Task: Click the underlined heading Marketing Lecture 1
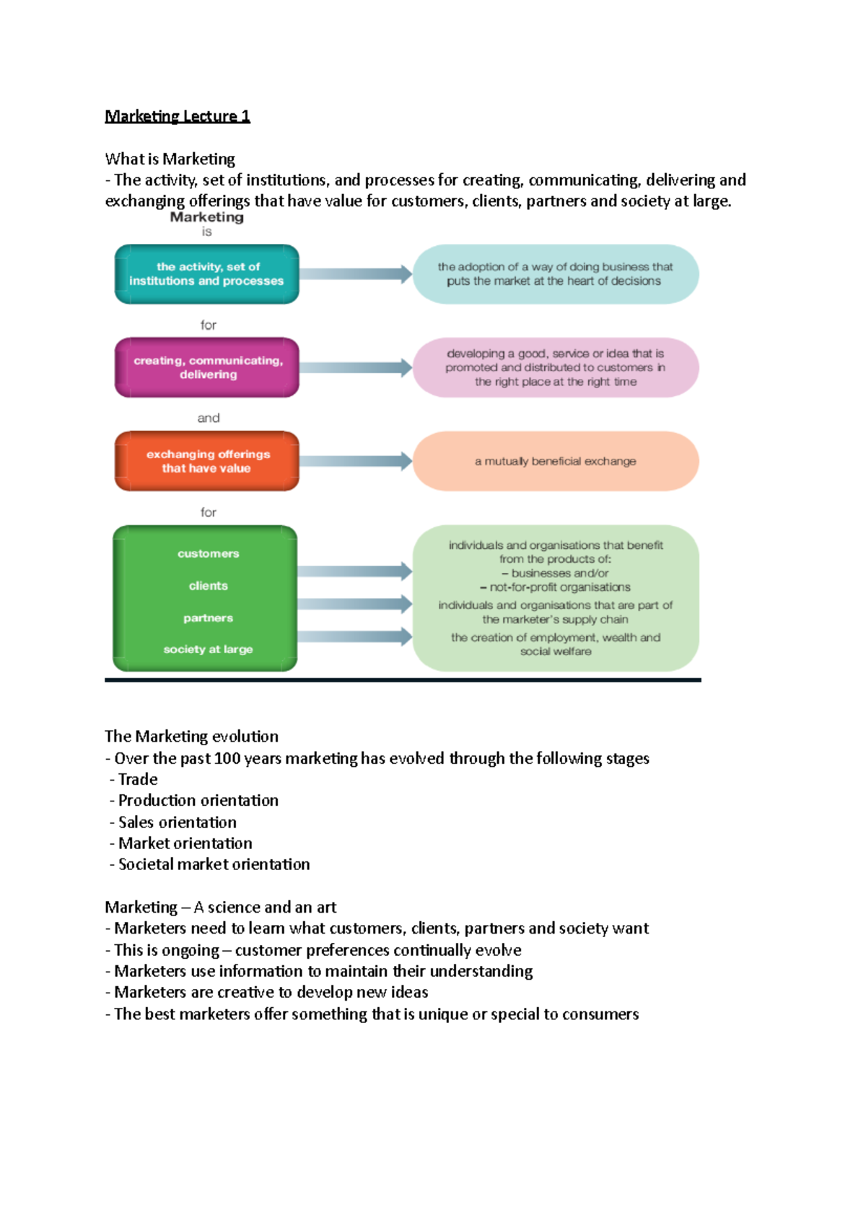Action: (178, 116)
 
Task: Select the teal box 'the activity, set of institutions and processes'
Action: (206, 274)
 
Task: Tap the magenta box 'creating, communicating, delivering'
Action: (207, 367)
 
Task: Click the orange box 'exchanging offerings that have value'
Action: (207, 461)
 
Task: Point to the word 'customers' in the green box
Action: (208, 553)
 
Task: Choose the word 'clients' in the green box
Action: (208, 586)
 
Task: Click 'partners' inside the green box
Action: (208, 618)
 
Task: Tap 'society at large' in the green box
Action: (208, 649)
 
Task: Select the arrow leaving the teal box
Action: (355, 274)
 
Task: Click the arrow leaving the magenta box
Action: (355, 367)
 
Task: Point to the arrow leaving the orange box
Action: (355, 461)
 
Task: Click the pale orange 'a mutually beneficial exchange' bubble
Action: (556, 461)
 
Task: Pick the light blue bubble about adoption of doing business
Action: (556, 274)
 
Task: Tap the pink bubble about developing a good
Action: (556, 367)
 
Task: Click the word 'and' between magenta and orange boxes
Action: (209, 418)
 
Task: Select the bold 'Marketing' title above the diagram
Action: (206, 217)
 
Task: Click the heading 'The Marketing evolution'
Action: (191, 736)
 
